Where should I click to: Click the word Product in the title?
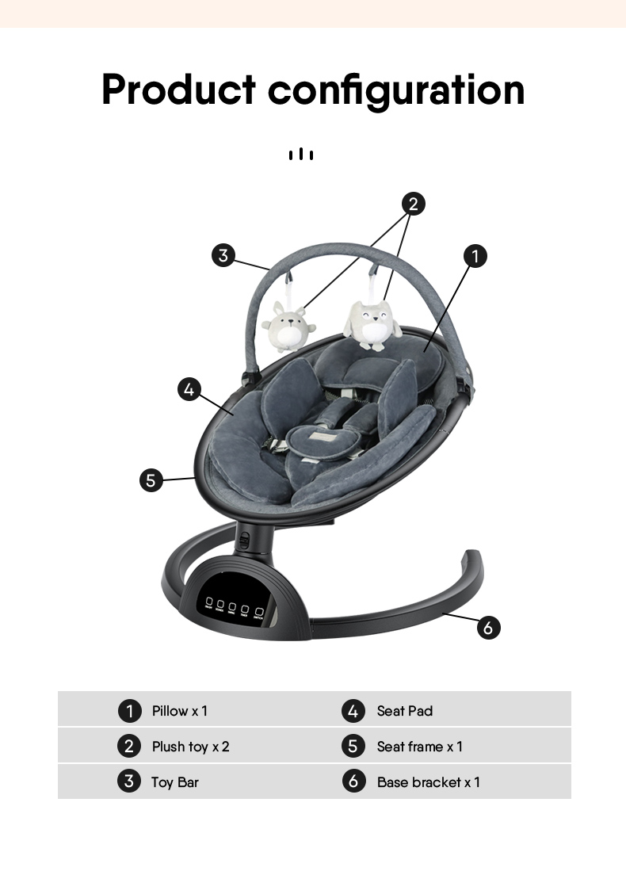[x=179, y=90]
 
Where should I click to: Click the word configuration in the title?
[x=396, y=91]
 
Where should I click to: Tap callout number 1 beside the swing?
[x=475, y=256]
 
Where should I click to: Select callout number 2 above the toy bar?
[x=412, y=204]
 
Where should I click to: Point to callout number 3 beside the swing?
[x=224, y=255]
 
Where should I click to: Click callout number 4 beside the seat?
[x=189, y=389]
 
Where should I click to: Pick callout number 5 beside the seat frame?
[x=151, y=480]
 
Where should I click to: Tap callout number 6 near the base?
[x=488, y=628]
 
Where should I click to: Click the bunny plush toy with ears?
[x=288, y=327]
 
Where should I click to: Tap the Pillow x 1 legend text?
[x=180, y=711]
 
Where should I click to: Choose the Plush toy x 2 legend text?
[x=190, y=747]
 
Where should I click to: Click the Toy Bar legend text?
[x=175, y=782]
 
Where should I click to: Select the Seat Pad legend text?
[x=405, y=711]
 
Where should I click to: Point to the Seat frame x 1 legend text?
[x=420, y=747]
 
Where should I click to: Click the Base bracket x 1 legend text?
[x=429, y=782]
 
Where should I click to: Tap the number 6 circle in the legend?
[x=354, y=781]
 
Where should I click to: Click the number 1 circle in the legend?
[x=129, y=711]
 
